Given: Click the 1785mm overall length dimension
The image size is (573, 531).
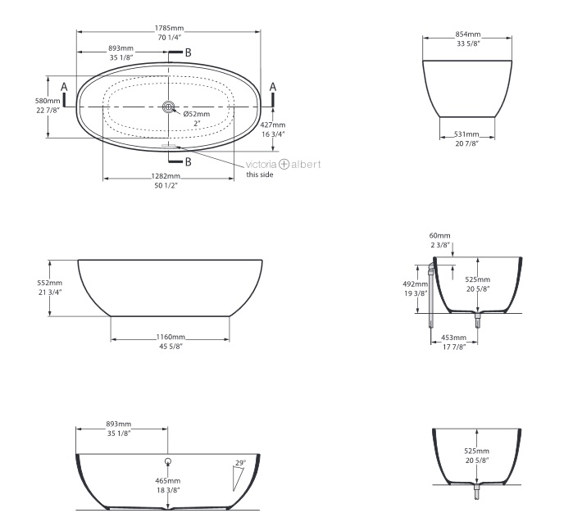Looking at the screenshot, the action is click(169, 28).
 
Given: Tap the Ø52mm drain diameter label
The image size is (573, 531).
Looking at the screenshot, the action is click(197, 114).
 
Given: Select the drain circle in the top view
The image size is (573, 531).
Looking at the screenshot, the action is click(169, 107).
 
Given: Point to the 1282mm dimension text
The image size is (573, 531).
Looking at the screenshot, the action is click(166, 176).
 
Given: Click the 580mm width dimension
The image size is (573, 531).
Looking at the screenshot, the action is click(48, 101).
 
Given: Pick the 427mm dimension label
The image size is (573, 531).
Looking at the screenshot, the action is click(273, 125).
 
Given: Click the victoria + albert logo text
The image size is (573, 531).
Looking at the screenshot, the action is click(283, 165).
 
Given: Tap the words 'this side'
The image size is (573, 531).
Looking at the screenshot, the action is click(260, 175).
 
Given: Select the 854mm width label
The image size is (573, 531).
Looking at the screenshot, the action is click(468, 34).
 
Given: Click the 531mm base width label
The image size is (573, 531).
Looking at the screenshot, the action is click(466, 134).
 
